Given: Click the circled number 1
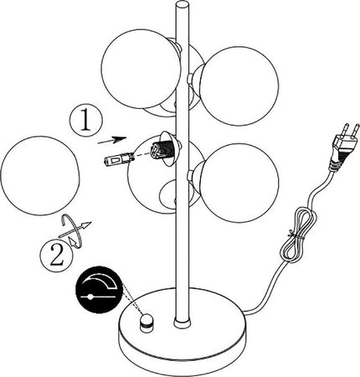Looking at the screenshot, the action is (86, 121).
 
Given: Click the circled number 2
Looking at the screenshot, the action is (56, 256).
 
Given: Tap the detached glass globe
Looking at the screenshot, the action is (40, 175).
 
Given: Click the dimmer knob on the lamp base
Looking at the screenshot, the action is (147, 323).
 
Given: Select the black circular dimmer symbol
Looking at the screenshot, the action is (100, 290).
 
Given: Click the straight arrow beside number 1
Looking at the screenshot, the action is (112, 140).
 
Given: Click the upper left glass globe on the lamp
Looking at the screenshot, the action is (141, 69).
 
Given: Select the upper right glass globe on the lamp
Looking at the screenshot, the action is (239, 86).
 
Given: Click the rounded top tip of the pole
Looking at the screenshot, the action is (183, 5).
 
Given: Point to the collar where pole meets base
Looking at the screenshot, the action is (183, 323).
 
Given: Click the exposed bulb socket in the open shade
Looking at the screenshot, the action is (158, 151).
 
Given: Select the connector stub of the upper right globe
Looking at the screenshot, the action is (190, 79).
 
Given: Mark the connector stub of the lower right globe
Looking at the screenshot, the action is (190, 176).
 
